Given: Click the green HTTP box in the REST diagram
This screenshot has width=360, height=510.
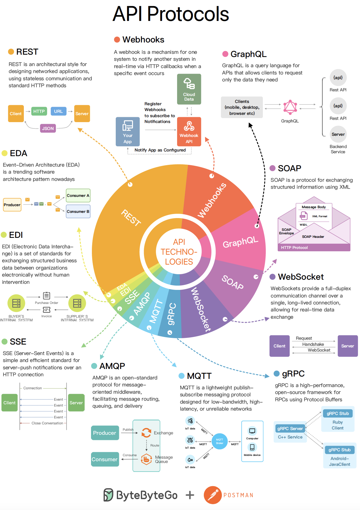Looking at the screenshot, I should [39, 111].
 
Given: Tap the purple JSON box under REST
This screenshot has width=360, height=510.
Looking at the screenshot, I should [48, 128].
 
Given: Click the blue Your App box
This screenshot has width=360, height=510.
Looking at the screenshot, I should [128, 131].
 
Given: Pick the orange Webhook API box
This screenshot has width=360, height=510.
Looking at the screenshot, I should [189, 131].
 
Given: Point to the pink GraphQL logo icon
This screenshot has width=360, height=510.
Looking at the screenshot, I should [290, 107].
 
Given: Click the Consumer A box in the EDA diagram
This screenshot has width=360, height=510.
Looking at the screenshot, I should [78, 195].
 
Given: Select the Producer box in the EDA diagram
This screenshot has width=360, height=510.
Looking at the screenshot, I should [12, 205].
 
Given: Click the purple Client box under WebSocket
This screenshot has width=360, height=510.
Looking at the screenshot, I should [279, 346].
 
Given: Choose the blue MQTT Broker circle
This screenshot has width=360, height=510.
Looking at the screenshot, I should [220, 441].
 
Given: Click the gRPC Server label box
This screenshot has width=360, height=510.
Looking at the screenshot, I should [290, 428].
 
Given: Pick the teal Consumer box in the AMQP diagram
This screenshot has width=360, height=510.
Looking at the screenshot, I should [105, 459].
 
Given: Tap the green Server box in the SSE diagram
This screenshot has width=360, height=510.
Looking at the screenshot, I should [76, 403].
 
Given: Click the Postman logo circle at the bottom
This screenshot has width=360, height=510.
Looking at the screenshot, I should [213, 495].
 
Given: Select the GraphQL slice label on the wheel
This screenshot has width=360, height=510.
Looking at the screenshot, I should [240, 242].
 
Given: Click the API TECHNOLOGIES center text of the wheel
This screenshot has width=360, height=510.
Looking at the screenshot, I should [179, 252].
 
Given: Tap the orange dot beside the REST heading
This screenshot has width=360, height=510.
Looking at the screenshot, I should [11, 52].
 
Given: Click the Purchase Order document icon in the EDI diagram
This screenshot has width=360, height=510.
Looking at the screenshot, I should [47, 296].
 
